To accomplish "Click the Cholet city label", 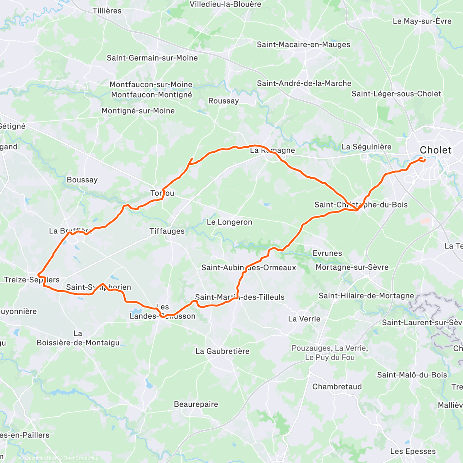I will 435,150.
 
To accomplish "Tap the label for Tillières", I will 107,11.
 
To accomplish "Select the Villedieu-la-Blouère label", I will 225,4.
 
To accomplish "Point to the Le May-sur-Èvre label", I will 422,21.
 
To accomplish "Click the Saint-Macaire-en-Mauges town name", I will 303,44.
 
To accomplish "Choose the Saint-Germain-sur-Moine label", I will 152,58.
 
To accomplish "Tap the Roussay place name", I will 223,101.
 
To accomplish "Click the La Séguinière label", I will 366,147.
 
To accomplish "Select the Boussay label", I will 82,180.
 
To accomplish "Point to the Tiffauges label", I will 167,231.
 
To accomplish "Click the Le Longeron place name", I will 229,222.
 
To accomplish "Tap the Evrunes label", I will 327,253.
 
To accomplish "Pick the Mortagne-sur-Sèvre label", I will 352,267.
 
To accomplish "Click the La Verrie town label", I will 304,319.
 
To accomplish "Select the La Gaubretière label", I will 222,351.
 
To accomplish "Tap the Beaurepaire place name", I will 196,404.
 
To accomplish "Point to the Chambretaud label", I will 337,387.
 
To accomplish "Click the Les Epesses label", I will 412,451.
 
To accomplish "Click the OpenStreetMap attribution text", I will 81,458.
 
